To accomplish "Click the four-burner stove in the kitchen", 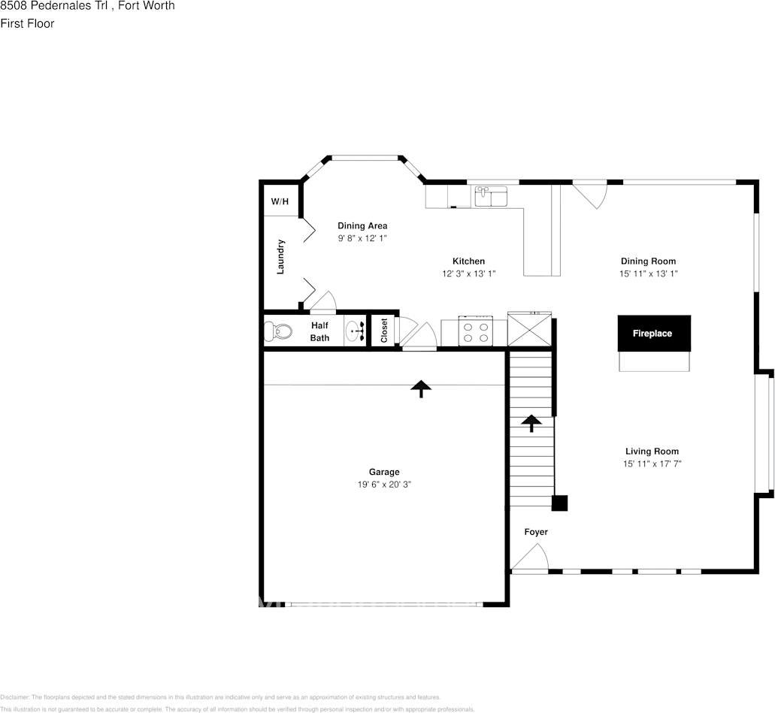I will point(475,331).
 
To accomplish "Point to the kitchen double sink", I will point(491,197).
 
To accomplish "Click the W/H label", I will point(280,201).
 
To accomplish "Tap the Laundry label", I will point(280,256).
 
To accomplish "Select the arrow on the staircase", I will point(531,423).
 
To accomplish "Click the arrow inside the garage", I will point(421,388).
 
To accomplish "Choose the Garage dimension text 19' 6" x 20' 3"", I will point(384,485).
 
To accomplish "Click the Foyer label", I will point(536,532).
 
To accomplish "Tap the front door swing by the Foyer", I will point(531,558).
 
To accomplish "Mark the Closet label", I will point(384,331).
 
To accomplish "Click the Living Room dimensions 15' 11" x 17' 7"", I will point(652,464).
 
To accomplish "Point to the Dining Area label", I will point(362,225).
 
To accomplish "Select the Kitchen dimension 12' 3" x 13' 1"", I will point(468,273).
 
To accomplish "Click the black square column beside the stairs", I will point(559,503).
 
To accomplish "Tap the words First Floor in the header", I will point(27,23).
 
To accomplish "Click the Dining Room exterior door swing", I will point(591,194).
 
